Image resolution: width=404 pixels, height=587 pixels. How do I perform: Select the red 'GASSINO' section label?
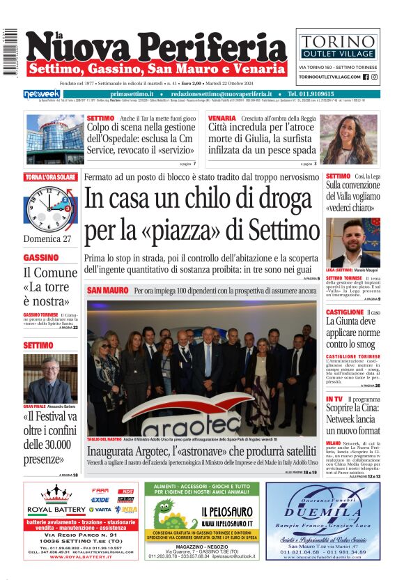coord(41,257)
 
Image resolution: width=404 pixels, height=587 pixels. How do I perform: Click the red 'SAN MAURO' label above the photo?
coord(108,290)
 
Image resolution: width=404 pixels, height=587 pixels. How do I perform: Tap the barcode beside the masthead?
coord(10,52)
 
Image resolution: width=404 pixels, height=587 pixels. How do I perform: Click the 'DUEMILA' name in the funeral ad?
coord(323,512)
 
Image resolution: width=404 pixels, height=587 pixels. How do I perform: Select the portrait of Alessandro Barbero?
coord(50,377)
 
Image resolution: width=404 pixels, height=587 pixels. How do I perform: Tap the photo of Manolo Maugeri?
coord(352,242)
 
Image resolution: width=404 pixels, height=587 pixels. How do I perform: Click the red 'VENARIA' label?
coord(222,119)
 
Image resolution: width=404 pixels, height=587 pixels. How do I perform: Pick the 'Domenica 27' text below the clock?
coord(47,238)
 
